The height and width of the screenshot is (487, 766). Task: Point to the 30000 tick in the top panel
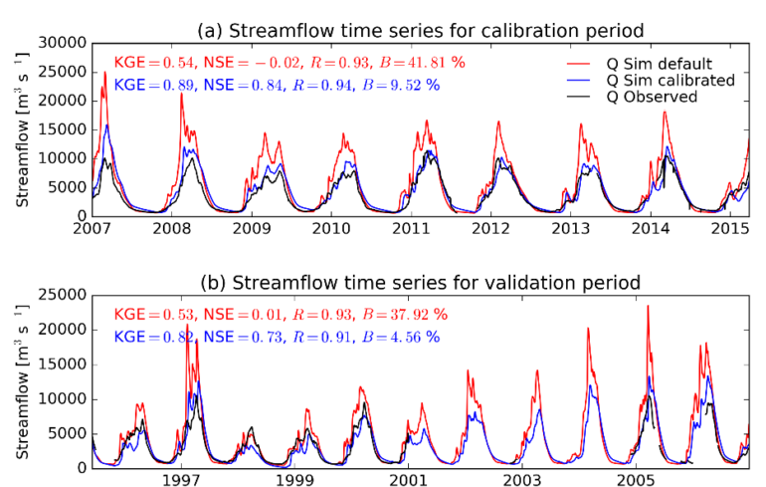pyautogui.click(x=65, y=43)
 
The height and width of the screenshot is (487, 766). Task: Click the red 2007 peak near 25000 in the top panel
pyautogui.click(x=105, y=72)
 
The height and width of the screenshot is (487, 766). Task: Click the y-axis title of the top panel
pyautogui.click(x=22, y=128)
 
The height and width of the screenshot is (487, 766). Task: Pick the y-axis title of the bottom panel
pyautogui.click(x=22, y=381)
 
